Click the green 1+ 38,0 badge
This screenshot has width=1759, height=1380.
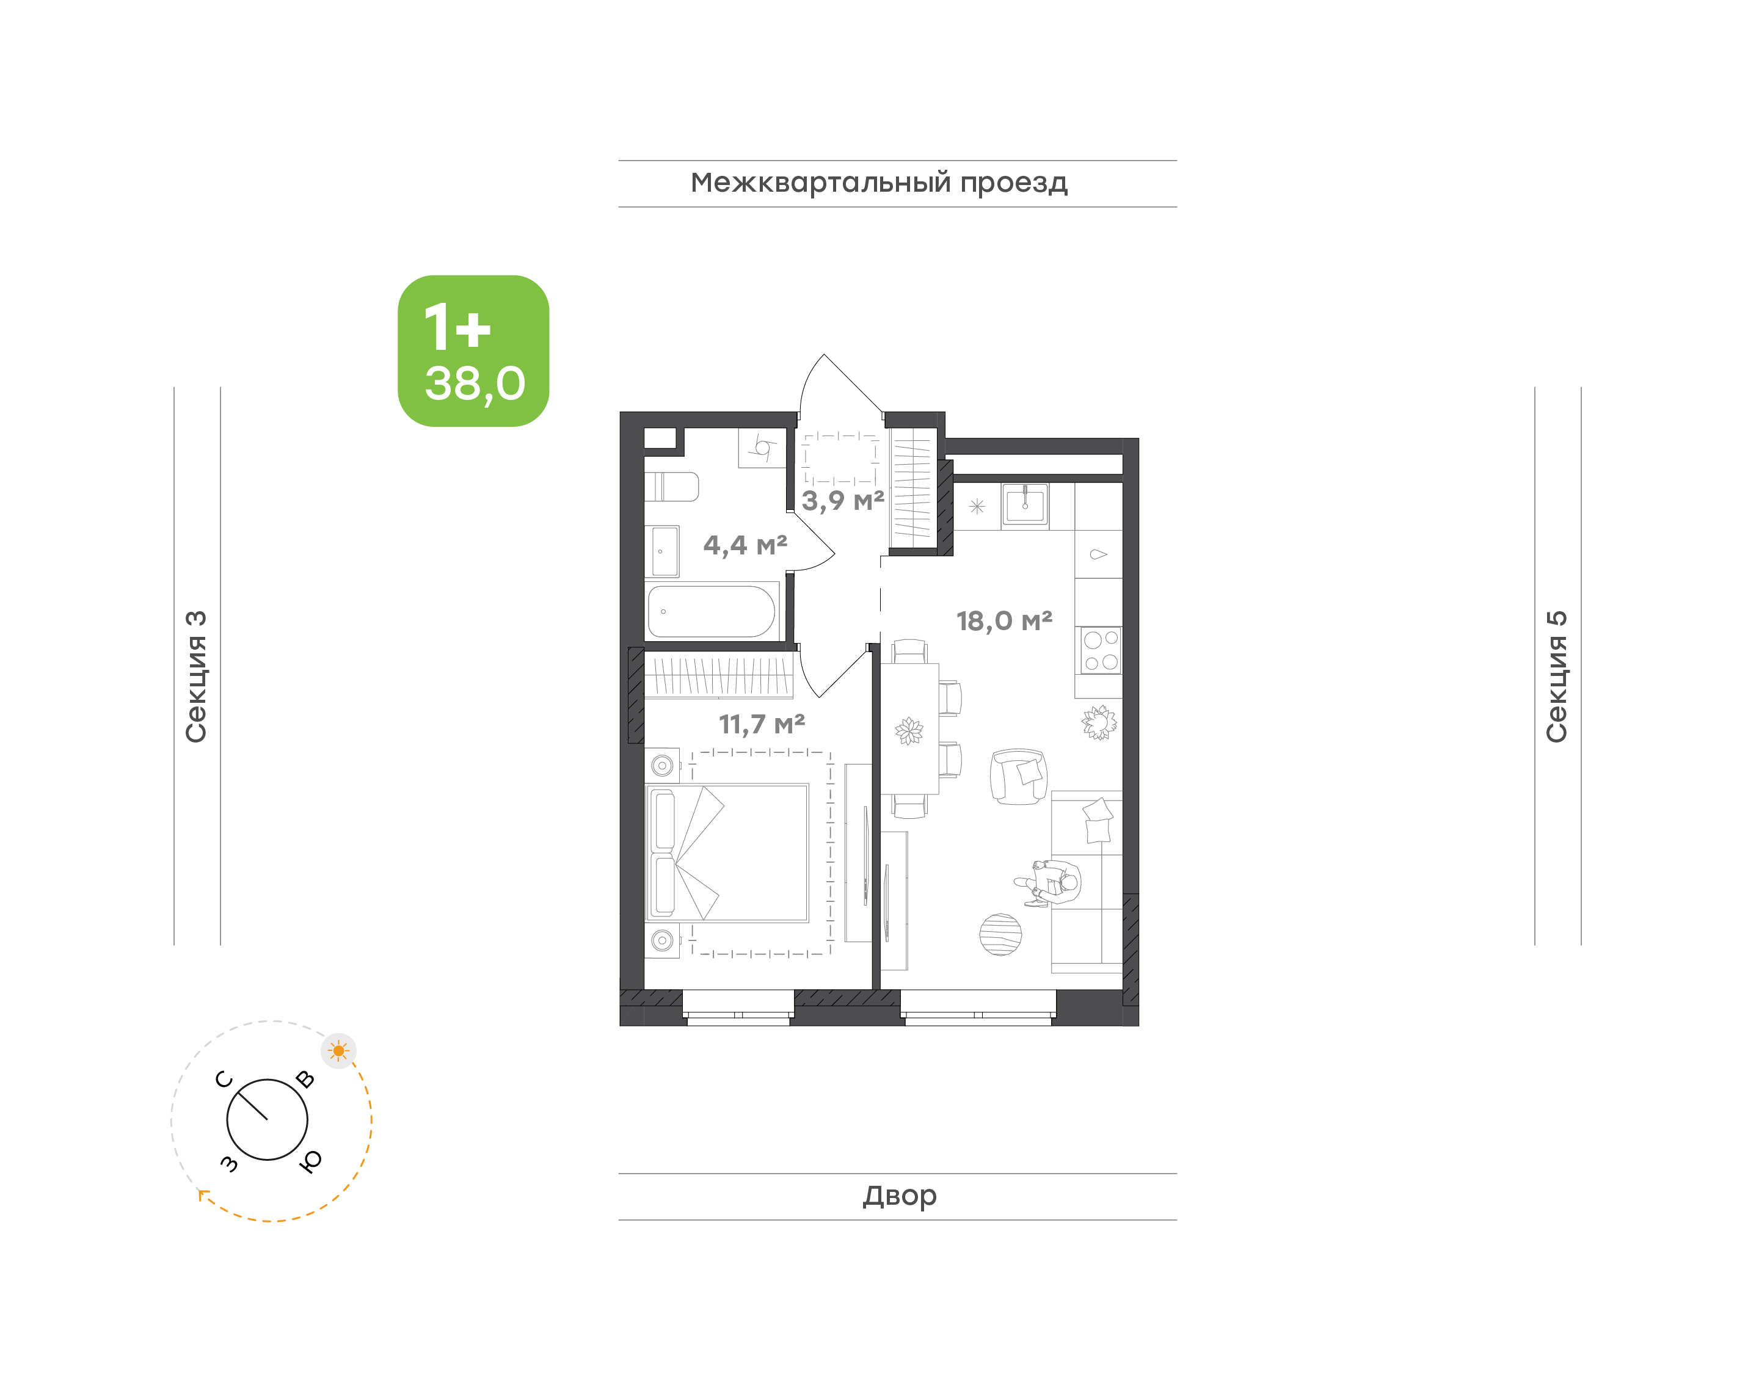point(473,350)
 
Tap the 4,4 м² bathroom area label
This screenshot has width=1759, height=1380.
point(745,545)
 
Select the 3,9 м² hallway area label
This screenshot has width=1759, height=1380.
point(843,501)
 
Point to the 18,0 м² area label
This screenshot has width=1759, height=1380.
point(1004,620)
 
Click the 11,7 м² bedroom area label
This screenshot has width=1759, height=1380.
point(762,724)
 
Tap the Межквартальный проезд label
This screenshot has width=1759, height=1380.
point(879,183)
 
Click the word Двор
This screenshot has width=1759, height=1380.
point(899,1196)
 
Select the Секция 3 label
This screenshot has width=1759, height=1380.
point(196,677)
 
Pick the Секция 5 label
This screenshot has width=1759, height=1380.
point(1556,677)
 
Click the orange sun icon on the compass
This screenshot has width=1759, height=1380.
point(338,1051)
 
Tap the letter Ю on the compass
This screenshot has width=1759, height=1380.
point(310,1161)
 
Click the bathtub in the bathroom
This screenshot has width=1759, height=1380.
point(711,612)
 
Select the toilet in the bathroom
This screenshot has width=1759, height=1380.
point(671,487)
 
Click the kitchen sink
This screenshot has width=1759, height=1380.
point(1025,506)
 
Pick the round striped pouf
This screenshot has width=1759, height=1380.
point(1000,935)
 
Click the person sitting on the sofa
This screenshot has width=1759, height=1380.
point(1051,883)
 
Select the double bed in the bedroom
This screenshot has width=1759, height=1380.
point(727,853)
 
